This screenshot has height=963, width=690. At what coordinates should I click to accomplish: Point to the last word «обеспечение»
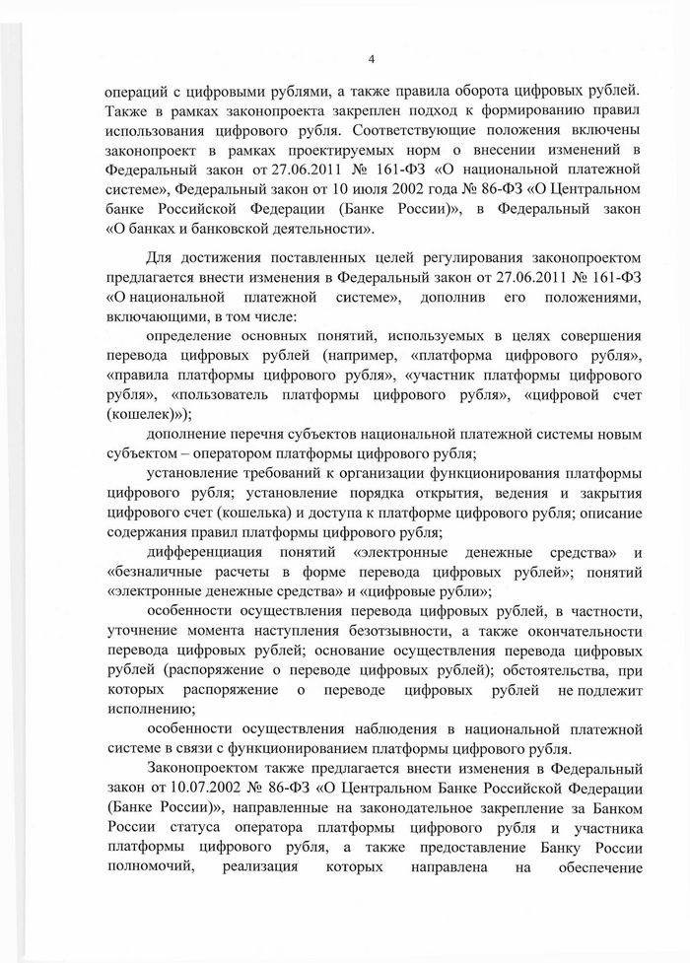click(598, 867)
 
